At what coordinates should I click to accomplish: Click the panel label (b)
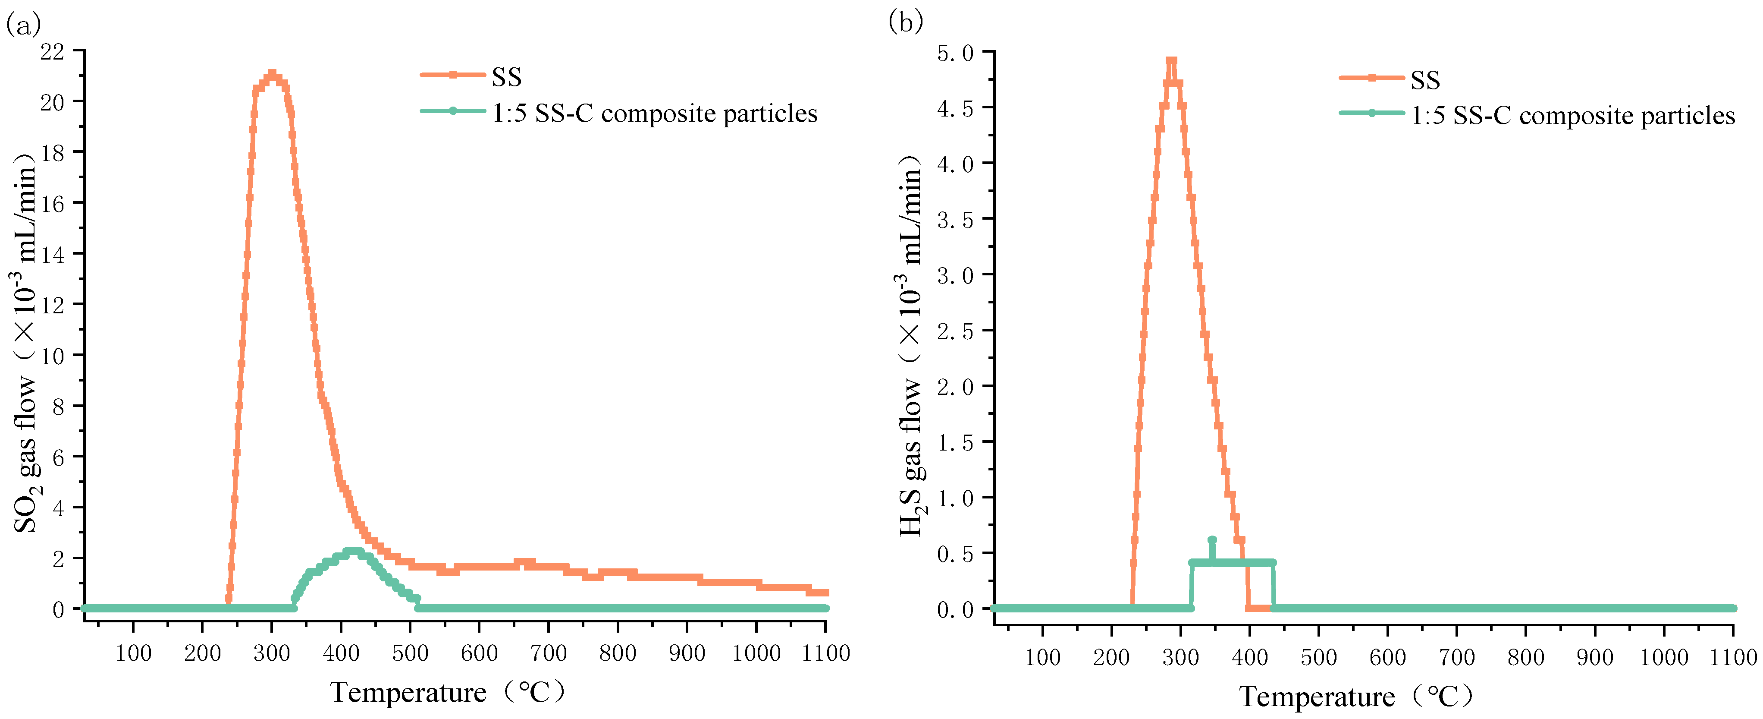(x=906, y=22)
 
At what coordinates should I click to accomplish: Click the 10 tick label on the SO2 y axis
(x=52, y=356)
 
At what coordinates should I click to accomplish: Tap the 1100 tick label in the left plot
(x=825, y=653)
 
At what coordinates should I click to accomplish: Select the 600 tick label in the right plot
(x=1387, y=657)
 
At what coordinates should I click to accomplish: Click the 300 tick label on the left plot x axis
(x=272, y=653)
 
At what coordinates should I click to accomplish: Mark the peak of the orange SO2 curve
(x=272, y=73)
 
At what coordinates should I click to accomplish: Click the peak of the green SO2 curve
(x=352, y=551)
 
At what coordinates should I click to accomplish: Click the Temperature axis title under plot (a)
(x=448, y=692)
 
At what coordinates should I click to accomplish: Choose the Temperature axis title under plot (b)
(x=1355, y=697)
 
